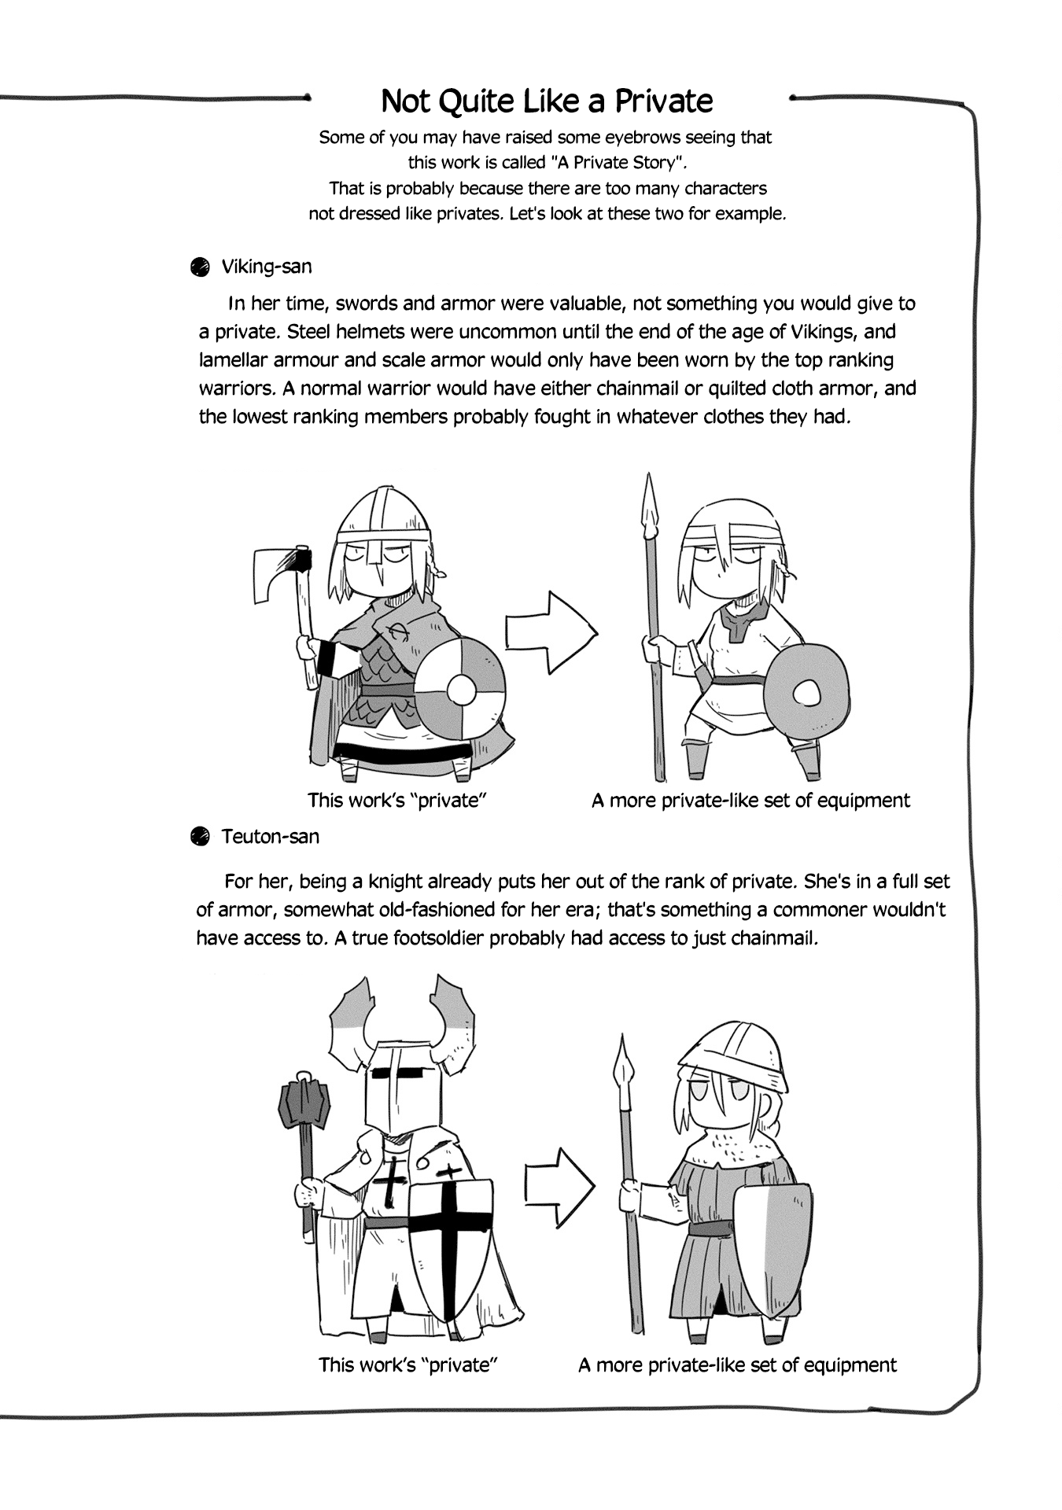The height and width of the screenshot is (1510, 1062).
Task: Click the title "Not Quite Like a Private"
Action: [547, 101]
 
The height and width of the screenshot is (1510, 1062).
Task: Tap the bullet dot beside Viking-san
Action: [200, 267]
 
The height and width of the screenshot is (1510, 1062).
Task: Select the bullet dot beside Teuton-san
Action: [200, 836]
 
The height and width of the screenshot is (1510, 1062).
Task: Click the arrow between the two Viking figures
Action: [551, 632]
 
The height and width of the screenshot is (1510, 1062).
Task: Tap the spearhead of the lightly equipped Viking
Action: [650, 503]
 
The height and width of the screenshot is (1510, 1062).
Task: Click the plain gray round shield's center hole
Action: [807, 694]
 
